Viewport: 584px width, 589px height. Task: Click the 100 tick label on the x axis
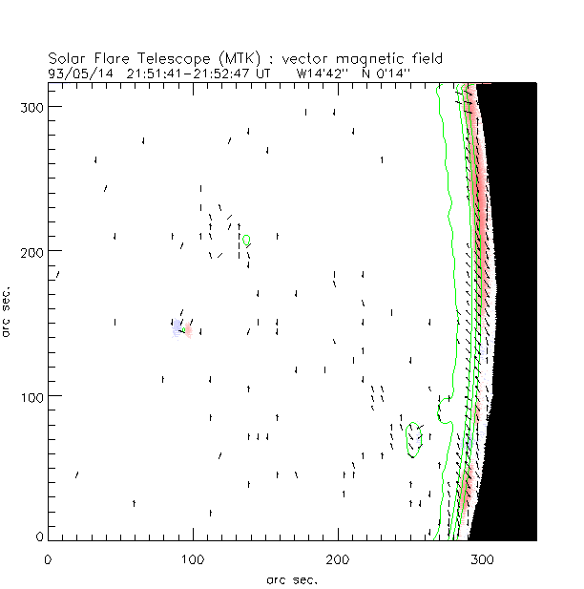[x=192, y=557]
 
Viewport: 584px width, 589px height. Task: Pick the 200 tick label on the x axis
[x=337, y=557]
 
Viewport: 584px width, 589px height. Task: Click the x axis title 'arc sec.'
[x=291, y=578]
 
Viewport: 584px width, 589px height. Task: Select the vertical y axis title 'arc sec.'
[x=8, y=311]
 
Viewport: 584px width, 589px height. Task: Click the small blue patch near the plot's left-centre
[x=177, y=329]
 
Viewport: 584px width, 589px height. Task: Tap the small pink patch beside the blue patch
[x=188, y=330]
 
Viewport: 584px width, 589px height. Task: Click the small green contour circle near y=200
[x=246, y=240]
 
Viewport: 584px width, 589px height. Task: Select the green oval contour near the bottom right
[x=414, y=440]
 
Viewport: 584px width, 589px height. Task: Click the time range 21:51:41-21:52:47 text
[x=191, y=73]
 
